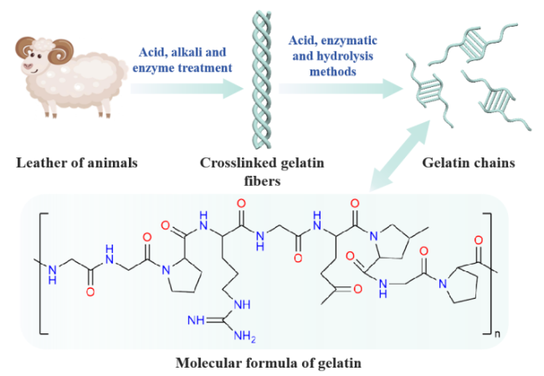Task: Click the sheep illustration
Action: tap(71, 76)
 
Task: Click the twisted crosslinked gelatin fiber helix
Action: tap(262, 80)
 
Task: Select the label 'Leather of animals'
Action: tap(77, 162)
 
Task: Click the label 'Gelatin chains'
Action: tap(469, 162)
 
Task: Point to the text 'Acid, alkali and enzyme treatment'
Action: tap(182, 59)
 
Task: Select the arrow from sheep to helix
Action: tap(187, 89)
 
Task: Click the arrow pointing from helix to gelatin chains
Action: tap(341, 89)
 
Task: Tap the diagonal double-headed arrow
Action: tap(400, 155)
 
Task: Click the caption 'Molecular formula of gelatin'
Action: tap(268, 363)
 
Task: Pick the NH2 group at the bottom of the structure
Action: tap(244, 336)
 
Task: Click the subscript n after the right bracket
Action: tap(497, 334)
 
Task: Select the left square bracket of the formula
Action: tap(41, 273)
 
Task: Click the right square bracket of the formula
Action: tap(490, 273)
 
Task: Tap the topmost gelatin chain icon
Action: tap(473, 44)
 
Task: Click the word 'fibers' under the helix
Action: tap(262, 181)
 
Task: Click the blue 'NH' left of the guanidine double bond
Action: tap(196, 320)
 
